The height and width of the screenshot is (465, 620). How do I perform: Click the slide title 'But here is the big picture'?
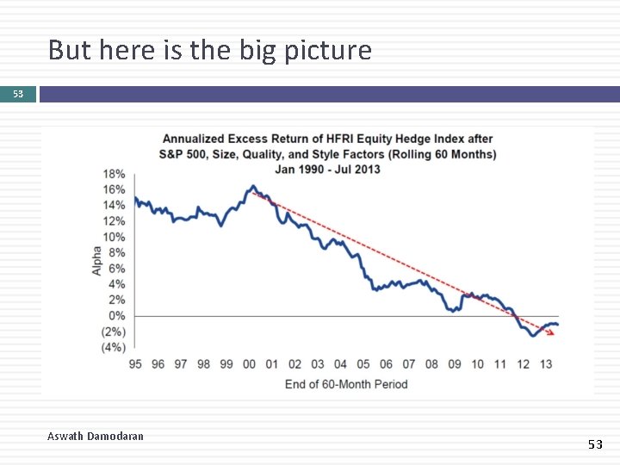coord(209,51)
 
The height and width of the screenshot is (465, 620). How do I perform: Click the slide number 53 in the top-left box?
coord(18,94)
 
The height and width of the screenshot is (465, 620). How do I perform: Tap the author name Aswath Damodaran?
coord(96,437)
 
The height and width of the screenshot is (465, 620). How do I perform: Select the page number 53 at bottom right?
coord(595,444)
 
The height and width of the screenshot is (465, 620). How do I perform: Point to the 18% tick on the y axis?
coord(114,174)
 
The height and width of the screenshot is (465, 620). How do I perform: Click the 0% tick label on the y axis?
coord(116,316)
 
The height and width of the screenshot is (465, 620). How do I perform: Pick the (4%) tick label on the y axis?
coord(113,348)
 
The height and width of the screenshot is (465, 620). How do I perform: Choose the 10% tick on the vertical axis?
coord(114,237)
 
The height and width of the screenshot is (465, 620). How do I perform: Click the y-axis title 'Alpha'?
coord(96,261)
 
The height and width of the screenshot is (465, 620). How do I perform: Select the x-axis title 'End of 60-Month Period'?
coord(346,384)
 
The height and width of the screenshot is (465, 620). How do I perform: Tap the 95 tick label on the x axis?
coord(135,364)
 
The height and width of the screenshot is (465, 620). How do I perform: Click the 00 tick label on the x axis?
coord(250,364)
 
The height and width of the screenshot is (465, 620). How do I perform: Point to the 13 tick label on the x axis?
coord(546,364)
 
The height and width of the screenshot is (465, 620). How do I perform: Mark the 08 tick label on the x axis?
coord(432,364)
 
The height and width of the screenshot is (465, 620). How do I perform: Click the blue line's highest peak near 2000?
coord(252,186)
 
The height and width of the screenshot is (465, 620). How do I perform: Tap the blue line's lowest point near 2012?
coord(533,336)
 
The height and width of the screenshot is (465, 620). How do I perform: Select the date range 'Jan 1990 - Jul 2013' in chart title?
coord(327,169)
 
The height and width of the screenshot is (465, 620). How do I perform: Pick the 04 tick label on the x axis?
coord(341,364)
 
